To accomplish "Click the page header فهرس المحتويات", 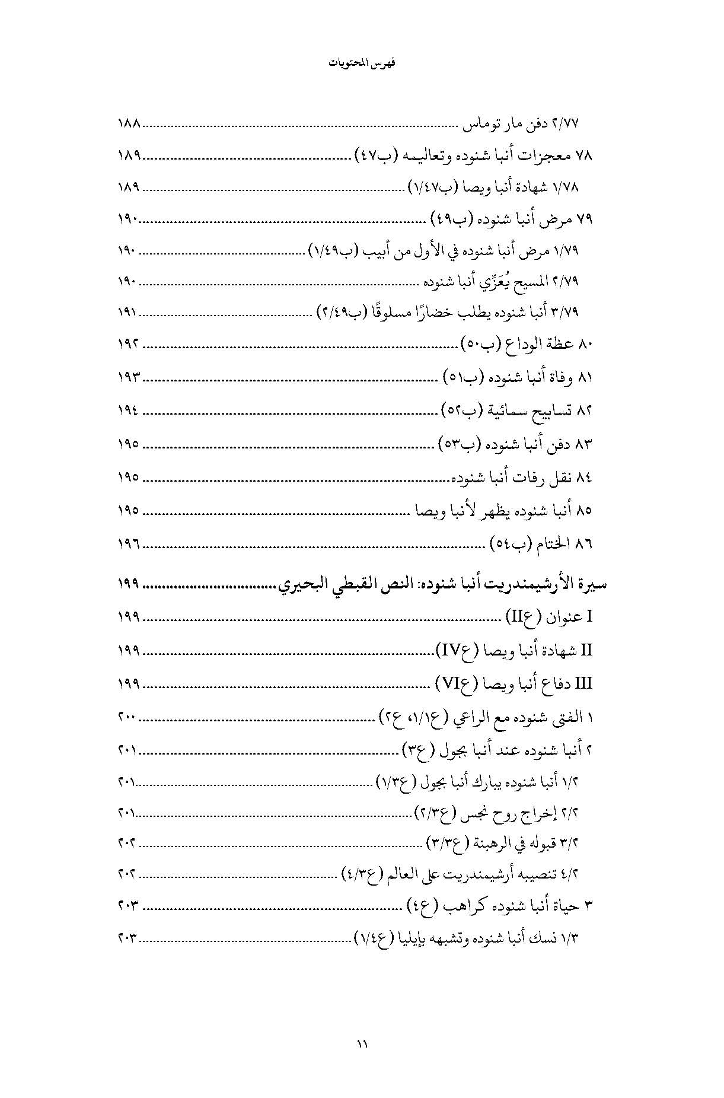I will tap(362, 63).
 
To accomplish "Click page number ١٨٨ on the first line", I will tap(128, 125).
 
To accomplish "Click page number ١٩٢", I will tap(128, 344).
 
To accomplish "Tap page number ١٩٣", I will tap(128, 377).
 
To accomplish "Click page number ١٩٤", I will tap(128, 410).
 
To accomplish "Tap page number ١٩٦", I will tap(128, 543).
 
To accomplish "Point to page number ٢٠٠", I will tap(128, 718).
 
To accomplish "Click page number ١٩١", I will tap(128, 311).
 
